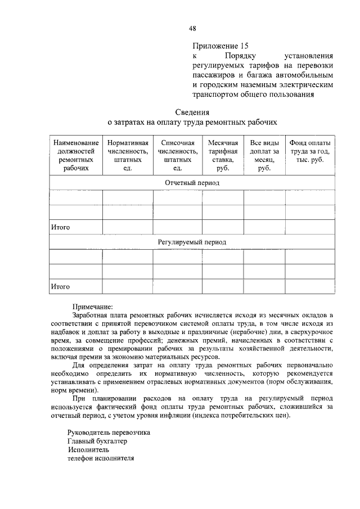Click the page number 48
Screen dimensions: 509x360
192,28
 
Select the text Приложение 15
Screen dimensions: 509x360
220,46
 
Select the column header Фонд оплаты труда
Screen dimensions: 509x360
310,151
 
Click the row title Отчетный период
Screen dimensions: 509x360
192,183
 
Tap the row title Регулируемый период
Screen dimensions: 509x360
192,242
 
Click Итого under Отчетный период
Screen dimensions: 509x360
60,227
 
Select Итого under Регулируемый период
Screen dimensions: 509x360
60,286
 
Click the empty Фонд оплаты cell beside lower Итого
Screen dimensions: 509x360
310,286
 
